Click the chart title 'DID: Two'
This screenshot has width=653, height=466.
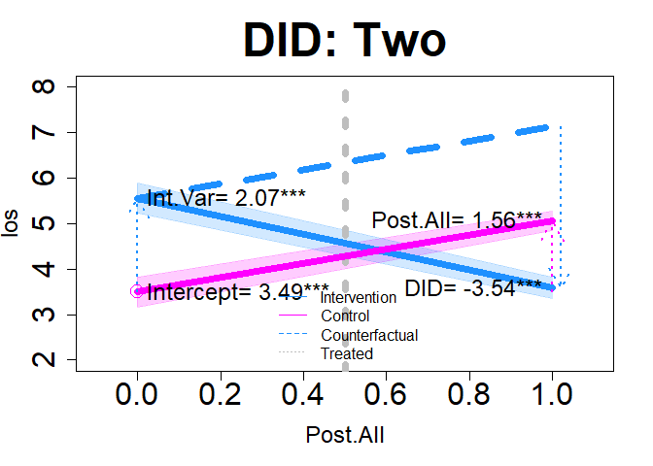tap(345, 41)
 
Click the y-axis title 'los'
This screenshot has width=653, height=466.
tap(13, 223)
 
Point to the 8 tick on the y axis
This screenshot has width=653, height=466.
tap(42, 87)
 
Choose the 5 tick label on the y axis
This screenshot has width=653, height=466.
tap(42, 223)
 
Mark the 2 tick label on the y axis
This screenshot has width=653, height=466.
tap(42, 360)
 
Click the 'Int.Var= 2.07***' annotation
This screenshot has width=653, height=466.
tap(226, 198)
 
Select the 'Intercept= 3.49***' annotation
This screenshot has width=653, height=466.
tap(238, 291)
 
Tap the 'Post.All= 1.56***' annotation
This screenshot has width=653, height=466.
tap(457, 220)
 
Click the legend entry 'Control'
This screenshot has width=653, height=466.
tap(345, 316)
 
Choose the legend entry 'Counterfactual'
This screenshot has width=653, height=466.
tap(369, 335)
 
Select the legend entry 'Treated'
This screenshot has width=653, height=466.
tap(347, 353)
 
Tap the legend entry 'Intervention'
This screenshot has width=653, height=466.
tap(358, 298)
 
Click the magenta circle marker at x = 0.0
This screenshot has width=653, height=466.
tap(137, 291)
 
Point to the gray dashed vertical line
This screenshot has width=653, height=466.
tap(345, 146)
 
